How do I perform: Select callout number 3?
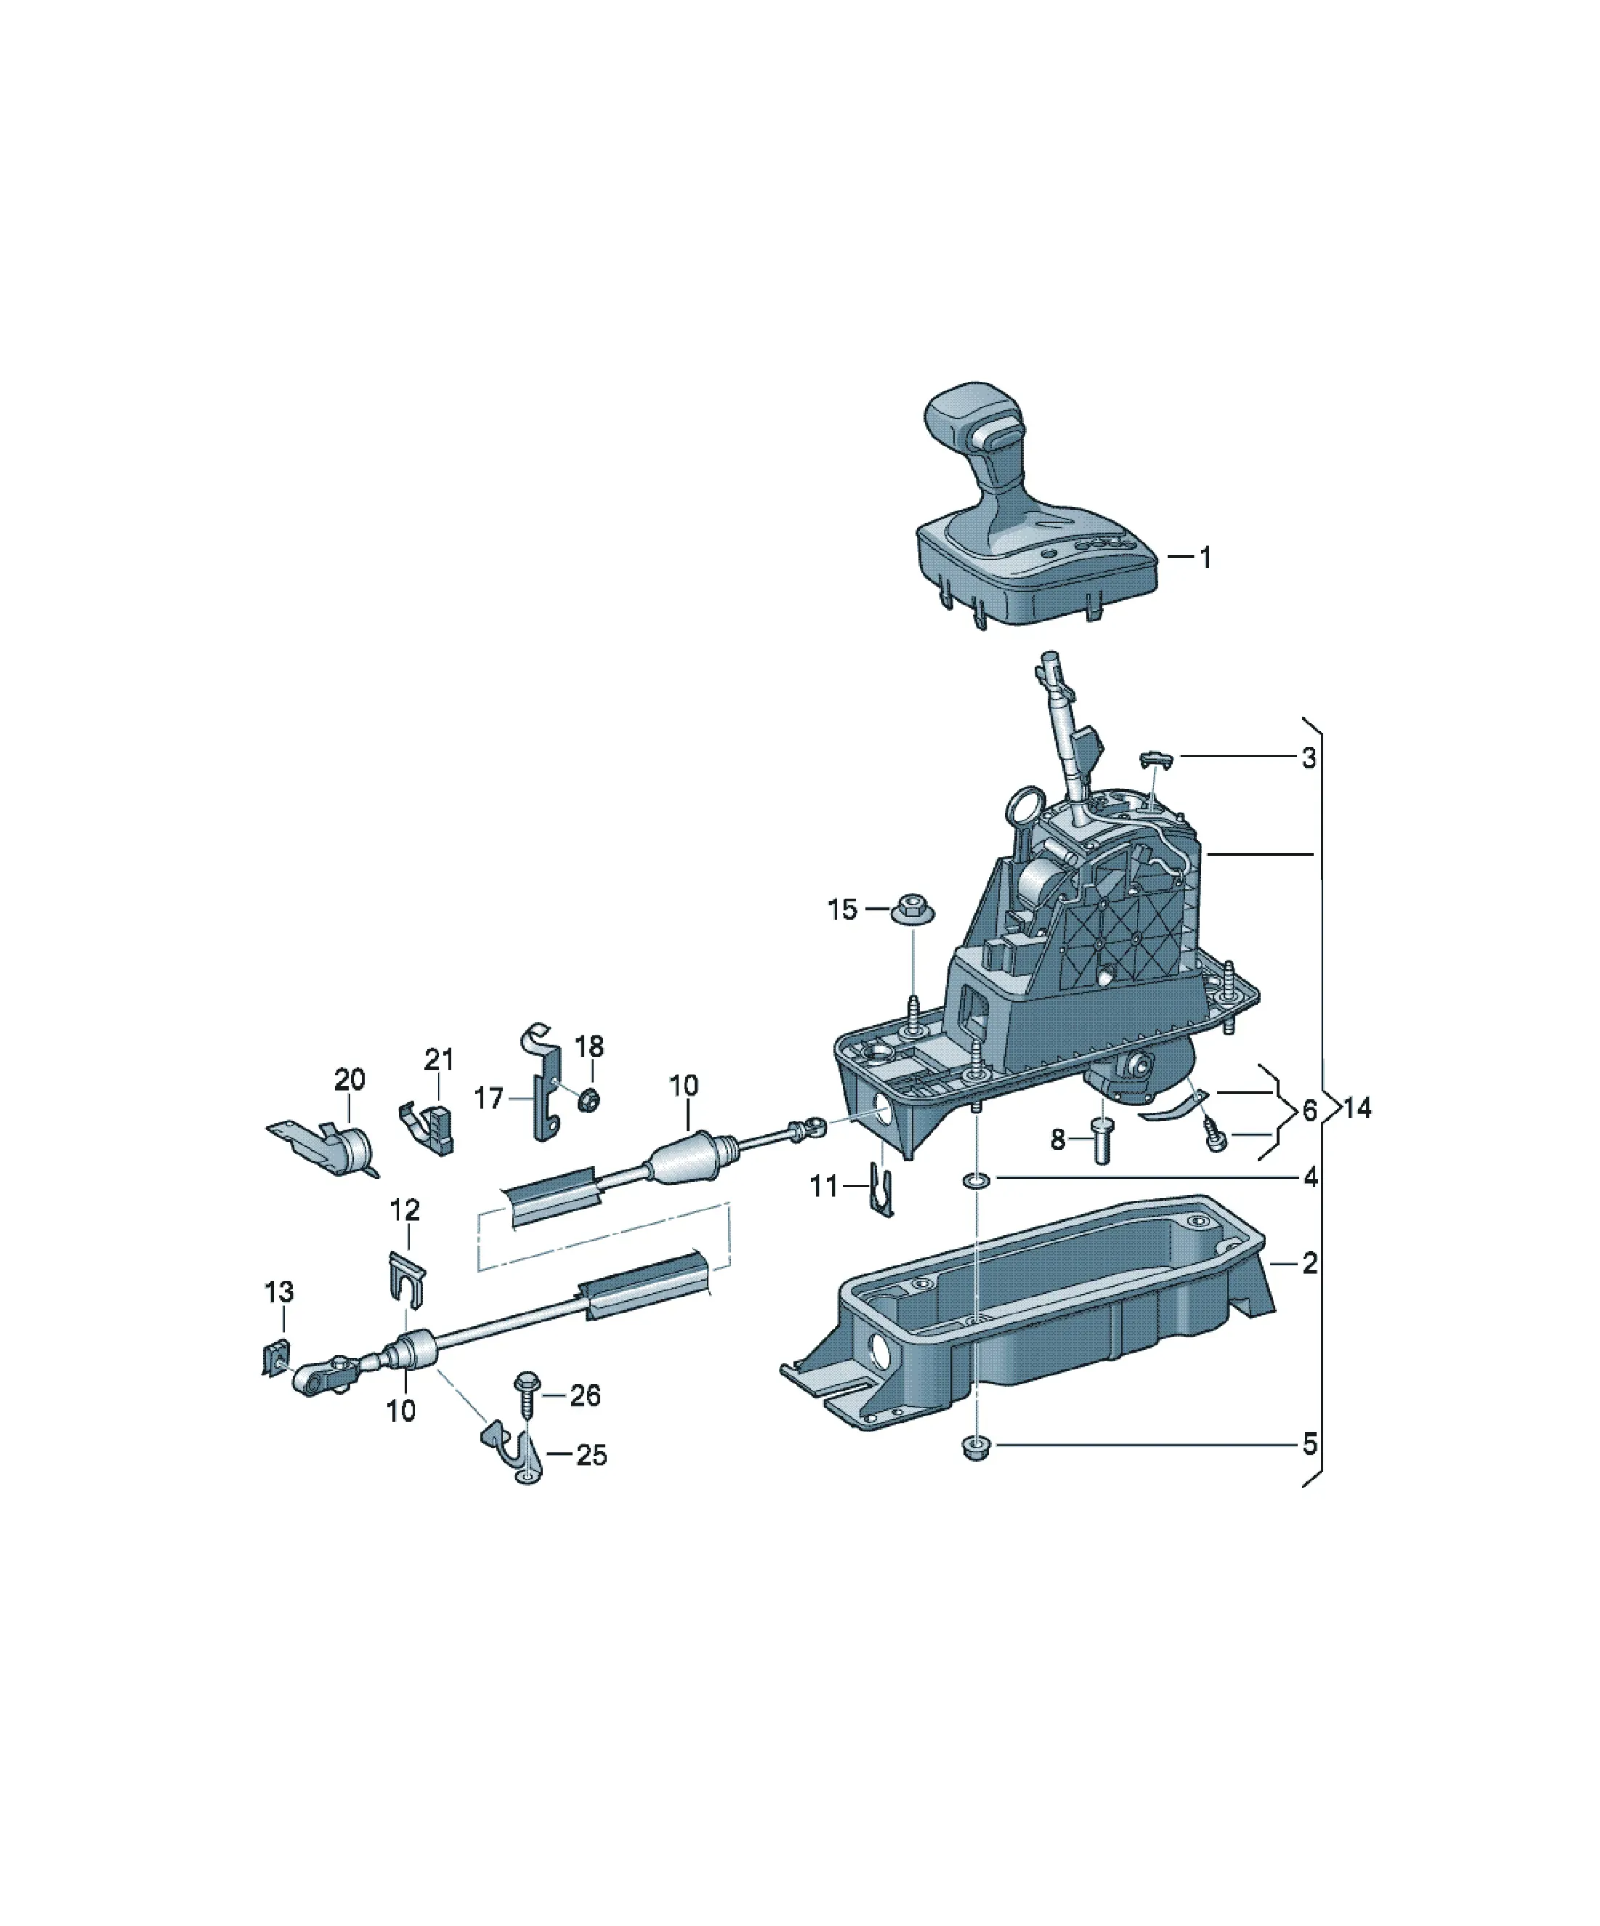coord(1308,758)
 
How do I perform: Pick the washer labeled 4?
coord(975,1178)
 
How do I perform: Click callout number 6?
coord(1308,1111)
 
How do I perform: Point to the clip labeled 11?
coord(881,1189)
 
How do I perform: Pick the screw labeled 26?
coord(528,1395)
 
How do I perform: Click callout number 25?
coord(591,1455)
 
